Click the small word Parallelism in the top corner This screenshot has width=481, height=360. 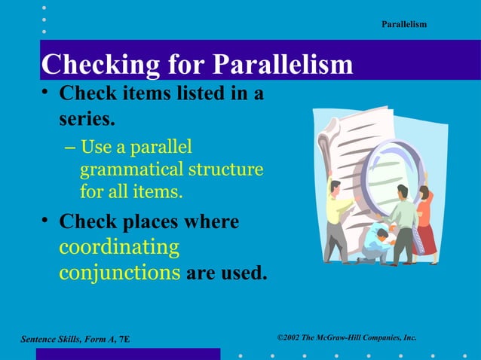404,25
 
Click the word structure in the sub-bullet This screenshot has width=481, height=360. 225,169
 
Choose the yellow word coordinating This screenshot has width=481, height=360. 119,247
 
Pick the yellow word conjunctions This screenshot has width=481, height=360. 119,272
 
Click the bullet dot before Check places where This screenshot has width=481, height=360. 46,220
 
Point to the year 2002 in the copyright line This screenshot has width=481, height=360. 290,337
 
